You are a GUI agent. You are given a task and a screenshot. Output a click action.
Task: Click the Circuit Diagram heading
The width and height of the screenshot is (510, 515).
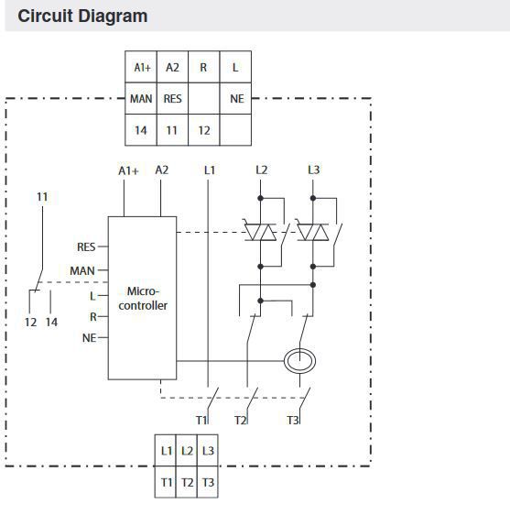coord(82,16)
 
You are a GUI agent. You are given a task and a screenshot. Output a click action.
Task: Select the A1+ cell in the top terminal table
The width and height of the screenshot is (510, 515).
coord(141,67)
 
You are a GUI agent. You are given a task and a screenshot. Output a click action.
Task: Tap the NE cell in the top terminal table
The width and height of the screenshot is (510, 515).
coord(235,98)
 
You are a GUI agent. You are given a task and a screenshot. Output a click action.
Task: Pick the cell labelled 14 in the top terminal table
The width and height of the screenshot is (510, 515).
coord(141,130)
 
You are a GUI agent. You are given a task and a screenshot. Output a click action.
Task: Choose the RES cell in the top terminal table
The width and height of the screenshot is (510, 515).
coord(173,98)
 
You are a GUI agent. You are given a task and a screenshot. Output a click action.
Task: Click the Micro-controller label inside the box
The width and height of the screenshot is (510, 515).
coord(143,298)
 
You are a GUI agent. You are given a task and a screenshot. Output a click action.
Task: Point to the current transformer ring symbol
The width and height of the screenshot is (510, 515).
coord(299,361)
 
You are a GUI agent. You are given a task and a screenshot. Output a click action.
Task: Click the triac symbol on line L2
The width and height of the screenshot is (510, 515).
coord(261,232)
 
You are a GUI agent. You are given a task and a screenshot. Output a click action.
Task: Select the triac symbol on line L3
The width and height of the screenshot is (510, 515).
coord(313,232)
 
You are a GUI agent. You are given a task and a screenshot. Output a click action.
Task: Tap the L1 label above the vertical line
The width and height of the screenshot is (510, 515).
coord(210,170)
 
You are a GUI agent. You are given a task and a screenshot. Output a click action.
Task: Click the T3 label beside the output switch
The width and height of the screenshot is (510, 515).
coord(293,420)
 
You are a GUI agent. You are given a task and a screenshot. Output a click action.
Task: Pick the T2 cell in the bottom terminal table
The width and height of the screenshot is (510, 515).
coord(187,482)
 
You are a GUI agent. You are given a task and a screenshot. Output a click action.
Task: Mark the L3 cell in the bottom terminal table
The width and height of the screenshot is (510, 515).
coord(208,450)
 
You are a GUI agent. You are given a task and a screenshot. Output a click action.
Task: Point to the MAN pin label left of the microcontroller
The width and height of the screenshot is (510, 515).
coord(82,271)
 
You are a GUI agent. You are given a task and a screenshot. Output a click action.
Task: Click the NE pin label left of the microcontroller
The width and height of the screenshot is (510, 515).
coord(89,338)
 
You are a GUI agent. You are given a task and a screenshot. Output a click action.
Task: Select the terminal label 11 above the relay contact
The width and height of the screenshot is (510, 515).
coord(42,197)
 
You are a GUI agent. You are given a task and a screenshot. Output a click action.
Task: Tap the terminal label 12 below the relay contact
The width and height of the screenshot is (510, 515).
coord(30,323)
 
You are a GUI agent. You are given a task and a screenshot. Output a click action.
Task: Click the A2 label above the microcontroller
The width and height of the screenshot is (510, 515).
coord(162,170)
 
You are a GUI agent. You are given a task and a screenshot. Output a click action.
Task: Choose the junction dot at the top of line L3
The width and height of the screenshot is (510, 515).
coord(313,198)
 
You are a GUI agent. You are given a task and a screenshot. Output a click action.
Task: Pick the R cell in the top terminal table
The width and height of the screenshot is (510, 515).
coord(204,67)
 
